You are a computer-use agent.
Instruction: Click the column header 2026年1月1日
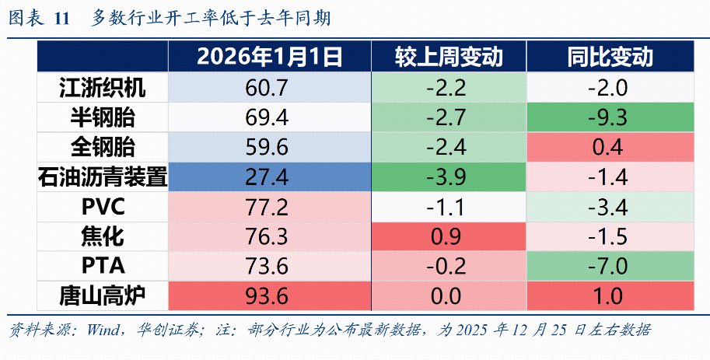point(269,58)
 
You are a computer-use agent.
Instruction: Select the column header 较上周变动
point(449,58)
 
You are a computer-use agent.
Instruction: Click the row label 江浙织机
point(102,88)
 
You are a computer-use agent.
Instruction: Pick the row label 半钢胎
point(102,117)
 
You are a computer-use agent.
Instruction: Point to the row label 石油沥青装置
point(102,177)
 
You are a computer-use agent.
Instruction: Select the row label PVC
point(102,207)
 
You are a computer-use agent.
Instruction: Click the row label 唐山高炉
point(102,295)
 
